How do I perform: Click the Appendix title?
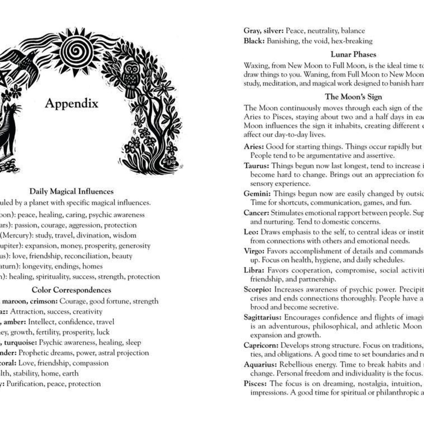click(x=71, y=103)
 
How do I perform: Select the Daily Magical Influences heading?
click(x=71, y=192)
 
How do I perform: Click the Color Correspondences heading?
click(x=71, y=290)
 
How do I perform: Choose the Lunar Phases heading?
click(x=353, y=54)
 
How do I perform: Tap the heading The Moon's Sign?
click(x=353, y=97)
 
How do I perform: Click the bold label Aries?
click(x=254, y=147)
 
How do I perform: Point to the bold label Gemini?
click(x=257, y=194)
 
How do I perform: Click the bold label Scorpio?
click(x=258, y=289)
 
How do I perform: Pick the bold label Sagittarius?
click(x=263, y=317)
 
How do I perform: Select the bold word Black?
click(x=254, y=41)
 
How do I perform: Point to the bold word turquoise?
click(x=20, y=342)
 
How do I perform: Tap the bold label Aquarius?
click(x=260, y=364)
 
